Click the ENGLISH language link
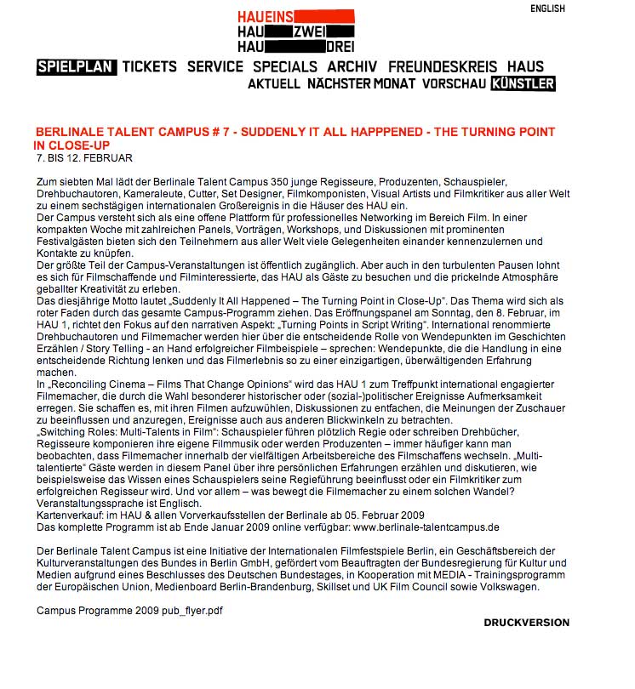[x=547, y=9]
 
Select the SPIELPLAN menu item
[x=76, y=66]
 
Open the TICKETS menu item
[x=149, y=66]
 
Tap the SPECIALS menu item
[x=284, y=66]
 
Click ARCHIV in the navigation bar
[x=352, y=66]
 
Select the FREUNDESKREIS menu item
[x=443, y=66]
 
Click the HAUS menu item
[x=525, y=66]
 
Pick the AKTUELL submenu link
[x=273, y=84]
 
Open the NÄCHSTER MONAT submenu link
[x=361, y=84]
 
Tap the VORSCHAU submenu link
[x=454, y=84]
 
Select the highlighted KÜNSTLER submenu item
[x=523, y=84]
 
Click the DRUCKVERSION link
[x=526, y=623]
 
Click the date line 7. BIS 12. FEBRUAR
[x=84, y=158]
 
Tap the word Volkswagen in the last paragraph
[x=512, y=587]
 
